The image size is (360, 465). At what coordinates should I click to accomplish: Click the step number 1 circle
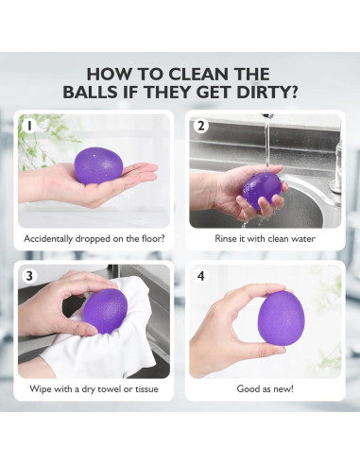tap(29, 126)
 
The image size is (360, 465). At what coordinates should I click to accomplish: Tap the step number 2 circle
tap(201, 126)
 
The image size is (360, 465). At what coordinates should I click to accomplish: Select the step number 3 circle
tap(29, 276)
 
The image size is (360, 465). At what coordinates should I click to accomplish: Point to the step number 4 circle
tap(201, 276)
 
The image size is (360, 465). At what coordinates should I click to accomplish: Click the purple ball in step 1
tap(98, 165)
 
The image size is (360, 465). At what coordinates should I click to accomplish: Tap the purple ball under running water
tap(262, 190)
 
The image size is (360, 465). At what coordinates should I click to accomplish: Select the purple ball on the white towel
tap(105, 311)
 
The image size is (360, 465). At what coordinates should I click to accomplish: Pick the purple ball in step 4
tap(281, 319)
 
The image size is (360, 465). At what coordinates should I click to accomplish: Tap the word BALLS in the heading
tap(90, 92)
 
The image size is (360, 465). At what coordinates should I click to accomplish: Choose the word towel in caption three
tap(110, 389)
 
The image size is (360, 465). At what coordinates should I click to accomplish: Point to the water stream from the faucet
tap(267, 144)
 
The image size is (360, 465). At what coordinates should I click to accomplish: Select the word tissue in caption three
tap(146, 389)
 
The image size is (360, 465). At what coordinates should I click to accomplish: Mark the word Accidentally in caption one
tap(48, 238)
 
